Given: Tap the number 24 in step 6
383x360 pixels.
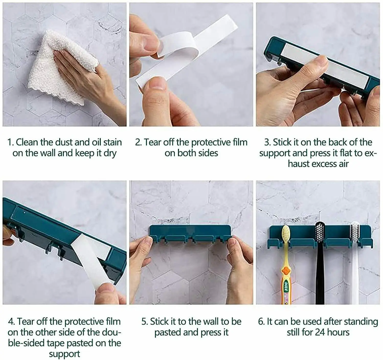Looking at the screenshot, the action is [x=320, y=332].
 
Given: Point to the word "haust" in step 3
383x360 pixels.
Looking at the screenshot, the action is [x=299, y=164].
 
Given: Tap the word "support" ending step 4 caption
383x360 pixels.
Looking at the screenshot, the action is [x=64, y=354].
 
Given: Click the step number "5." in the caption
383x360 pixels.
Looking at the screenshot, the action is [x=145, y=322].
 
